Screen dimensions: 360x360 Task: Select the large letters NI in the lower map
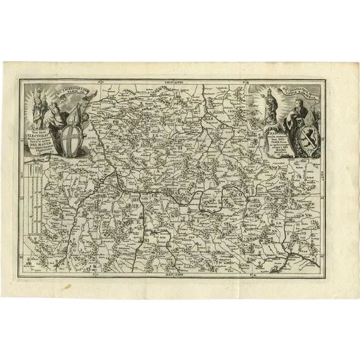pyautogui.click(x=147, y=239)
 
